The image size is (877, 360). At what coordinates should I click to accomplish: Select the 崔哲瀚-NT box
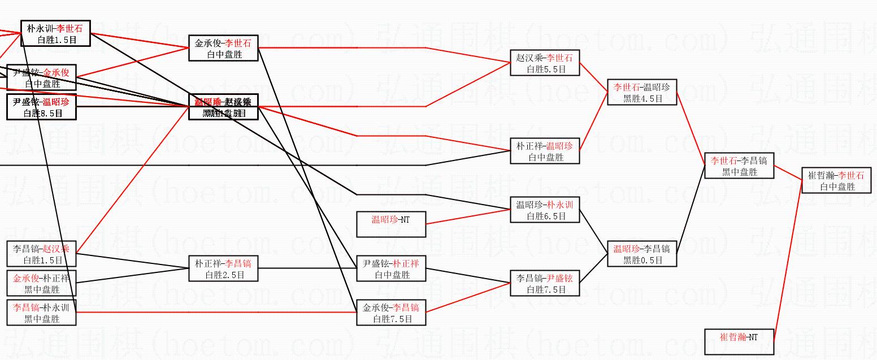[x=739, y=342]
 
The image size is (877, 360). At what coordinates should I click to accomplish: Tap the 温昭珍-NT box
[x=391, y=224]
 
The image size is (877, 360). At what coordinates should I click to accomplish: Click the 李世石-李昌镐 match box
[x=739, y=166]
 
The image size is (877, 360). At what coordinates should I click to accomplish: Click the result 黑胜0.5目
[x=642, y=260]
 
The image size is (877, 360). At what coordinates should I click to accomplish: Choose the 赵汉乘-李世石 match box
[x=545, y=63]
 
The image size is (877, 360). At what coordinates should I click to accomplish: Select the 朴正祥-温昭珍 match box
[x=545, y=151]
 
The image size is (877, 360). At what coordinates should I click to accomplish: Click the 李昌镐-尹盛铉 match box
[x=545, y=283]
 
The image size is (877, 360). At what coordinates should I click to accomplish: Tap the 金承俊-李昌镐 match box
[x=391, y=313]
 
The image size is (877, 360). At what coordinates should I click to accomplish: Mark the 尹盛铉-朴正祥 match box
[x=391, y=269]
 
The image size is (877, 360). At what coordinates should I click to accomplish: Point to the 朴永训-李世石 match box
[x=55, y=33]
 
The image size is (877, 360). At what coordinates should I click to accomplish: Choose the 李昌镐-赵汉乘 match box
[x=41, y=254]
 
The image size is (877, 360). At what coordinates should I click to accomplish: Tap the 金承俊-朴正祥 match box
[x=41, y=284]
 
